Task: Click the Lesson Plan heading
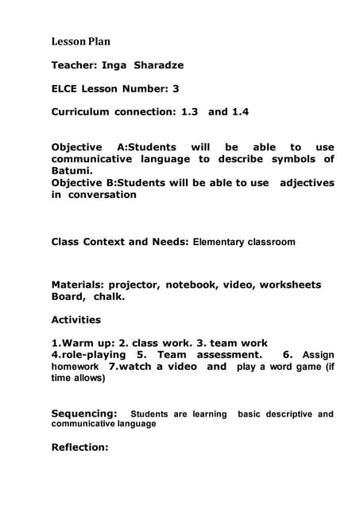tap(81, 41)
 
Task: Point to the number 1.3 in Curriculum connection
tap(188, 112)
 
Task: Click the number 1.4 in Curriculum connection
tap(239, 112)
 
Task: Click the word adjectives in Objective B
tap(307, 183)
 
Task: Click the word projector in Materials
tap(134, 284)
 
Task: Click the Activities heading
tap(76, 320)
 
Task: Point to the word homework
tap(75, 367)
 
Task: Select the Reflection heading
tap(79, 447)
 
